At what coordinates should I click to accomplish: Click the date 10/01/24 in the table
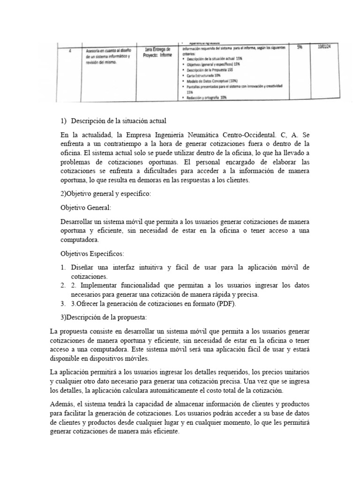pos(323,46)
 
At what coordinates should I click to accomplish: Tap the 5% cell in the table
pos(300,47)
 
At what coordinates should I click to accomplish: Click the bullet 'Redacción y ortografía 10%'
pos(207,97)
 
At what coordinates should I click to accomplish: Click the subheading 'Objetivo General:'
pos(87,207)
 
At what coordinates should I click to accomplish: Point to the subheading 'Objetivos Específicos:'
pos(93,254)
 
